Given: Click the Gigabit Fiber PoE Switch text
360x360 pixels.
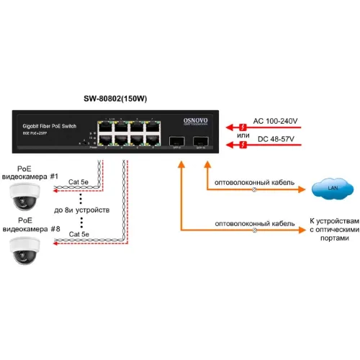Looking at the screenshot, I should [50, 125].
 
